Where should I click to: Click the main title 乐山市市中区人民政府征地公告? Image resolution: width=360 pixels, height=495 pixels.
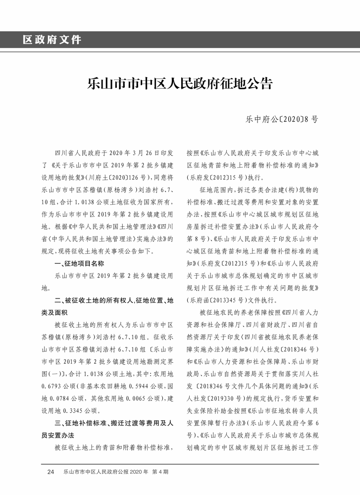(180, 82)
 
